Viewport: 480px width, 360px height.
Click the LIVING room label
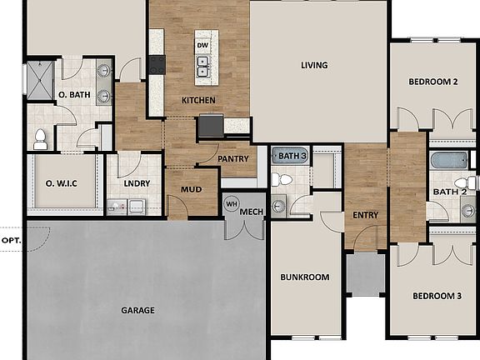[x=314, y=65]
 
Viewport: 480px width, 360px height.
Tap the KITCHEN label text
[x=198, y=101]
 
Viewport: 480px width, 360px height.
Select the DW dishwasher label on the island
[x=202, y=44]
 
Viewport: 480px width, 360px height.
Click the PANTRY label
[x=233, y=158]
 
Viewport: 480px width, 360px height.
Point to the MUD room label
[x=192, y=189]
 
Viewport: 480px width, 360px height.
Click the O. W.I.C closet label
[x=62, y=183]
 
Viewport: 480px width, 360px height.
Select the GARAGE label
[x=137, y=310]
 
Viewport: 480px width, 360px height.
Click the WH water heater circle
[x=231, y=202]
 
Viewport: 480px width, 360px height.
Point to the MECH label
[x=252, y=212]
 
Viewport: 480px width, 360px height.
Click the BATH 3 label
[x=292, y=156]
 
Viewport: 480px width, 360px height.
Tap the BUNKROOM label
[x=304, y=277]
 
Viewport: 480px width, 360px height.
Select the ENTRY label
[x=365, y=215]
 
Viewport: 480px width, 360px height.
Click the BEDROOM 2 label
[x=433, y=82]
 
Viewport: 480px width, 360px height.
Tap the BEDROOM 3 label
[x=436, y=296]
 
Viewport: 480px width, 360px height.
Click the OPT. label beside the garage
[x=12, y=240]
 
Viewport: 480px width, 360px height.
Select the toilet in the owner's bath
[x=39, y=139]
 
